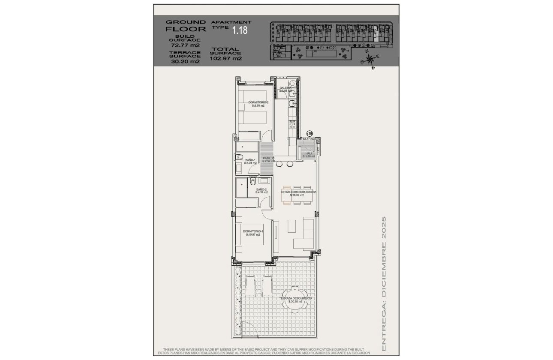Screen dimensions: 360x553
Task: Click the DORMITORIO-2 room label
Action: (x=258, y=102)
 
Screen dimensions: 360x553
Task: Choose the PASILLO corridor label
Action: (x=268, y=158)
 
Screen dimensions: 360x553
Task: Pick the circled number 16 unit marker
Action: (x=310, y=134)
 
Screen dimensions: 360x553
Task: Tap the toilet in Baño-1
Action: (x=239, y=157)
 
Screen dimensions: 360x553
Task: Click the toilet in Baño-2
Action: (x=253, y=181)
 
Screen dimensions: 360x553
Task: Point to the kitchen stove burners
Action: (x=293, y=124)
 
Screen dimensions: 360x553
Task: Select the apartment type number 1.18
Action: (x=240, y=30)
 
